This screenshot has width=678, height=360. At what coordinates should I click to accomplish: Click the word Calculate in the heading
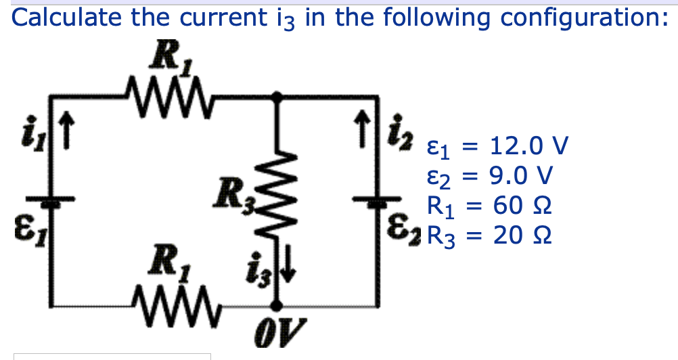67,17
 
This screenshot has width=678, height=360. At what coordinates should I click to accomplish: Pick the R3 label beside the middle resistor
229,194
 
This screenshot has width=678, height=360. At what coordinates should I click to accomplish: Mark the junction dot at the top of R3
277,97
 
